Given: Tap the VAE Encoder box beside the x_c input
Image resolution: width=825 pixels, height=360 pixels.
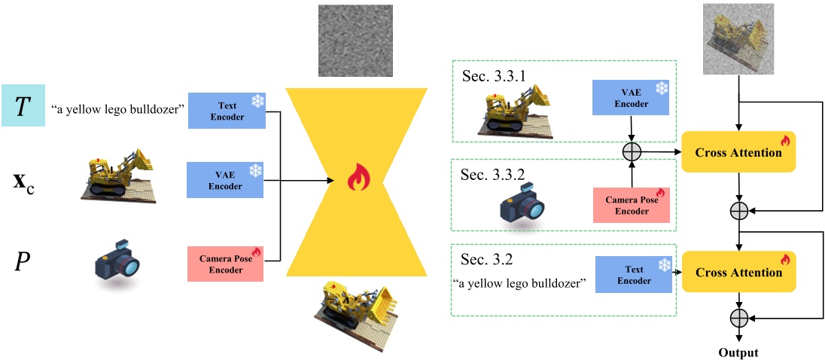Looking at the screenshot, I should [226, 179].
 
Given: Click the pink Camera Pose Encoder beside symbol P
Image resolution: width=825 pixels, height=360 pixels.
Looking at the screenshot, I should [226, 261].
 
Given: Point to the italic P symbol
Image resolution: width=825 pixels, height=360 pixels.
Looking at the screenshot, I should [22, 261].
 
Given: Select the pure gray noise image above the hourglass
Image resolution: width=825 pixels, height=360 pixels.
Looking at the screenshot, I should [355, 40].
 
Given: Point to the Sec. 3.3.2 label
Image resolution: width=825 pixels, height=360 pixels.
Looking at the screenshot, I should [494, 175].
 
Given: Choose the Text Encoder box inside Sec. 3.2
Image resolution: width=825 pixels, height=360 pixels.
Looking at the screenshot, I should [634, 273].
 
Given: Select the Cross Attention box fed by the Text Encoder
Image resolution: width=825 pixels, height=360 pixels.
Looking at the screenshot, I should [738, 273].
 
